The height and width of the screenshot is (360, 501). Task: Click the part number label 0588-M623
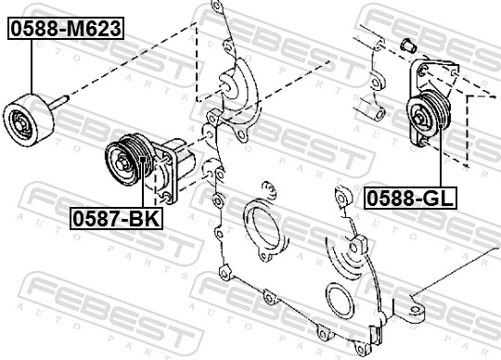(66, 29)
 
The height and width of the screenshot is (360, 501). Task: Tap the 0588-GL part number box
(405, 198)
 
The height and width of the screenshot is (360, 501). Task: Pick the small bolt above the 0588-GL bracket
(405, 45)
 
